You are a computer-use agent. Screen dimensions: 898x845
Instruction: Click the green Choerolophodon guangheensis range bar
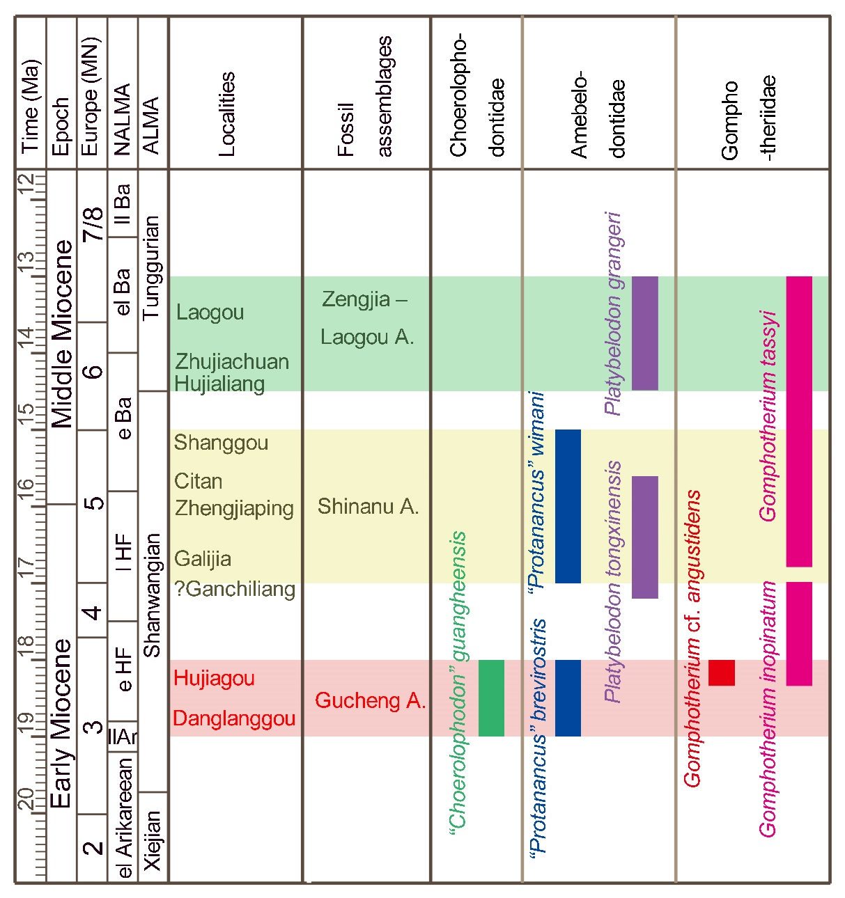pos(491,698)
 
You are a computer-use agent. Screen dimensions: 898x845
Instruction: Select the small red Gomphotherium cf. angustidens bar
pos(722,672)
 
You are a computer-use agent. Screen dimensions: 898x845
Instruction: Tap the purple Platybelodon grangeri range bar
pos(644,333)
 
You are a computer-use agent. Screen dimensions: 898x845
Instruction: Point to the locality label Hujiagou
pos(214,678)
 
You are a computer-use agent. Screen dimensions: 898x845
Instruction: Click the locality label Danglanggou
pos(234,718)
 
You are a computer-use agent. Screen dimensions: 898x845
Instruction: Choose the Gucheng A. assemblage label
pos(370,700)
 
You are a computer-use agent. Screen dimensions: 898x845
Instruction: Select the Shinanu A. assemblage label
pos(368,506)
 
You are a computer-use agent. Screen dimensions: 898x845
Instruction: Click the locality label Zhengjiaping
pos(234,508)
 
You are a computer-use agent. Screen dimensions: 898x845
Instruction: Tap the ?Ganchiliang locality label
pos(235,589)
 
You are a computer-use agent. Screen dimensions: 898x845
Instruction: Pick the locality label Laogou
pos(210,312)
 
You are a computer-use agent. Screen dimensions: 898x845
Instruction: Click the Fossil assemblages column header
pos(365,97)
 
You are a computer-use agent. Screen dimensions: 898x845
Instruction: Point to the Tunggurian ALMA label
pos(152,268)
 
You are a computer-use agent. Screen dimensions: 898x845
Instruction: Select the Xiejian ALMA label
pos(153,840)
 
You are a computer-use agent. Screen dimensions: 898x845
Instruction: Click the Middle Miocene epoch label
pos(62,334)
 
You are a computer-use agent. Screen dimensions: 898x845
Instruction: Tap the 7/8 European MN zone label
pos(93,223)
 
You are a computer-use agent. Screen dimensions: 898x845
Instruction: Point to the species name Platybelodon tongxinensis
pos(613,581)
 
